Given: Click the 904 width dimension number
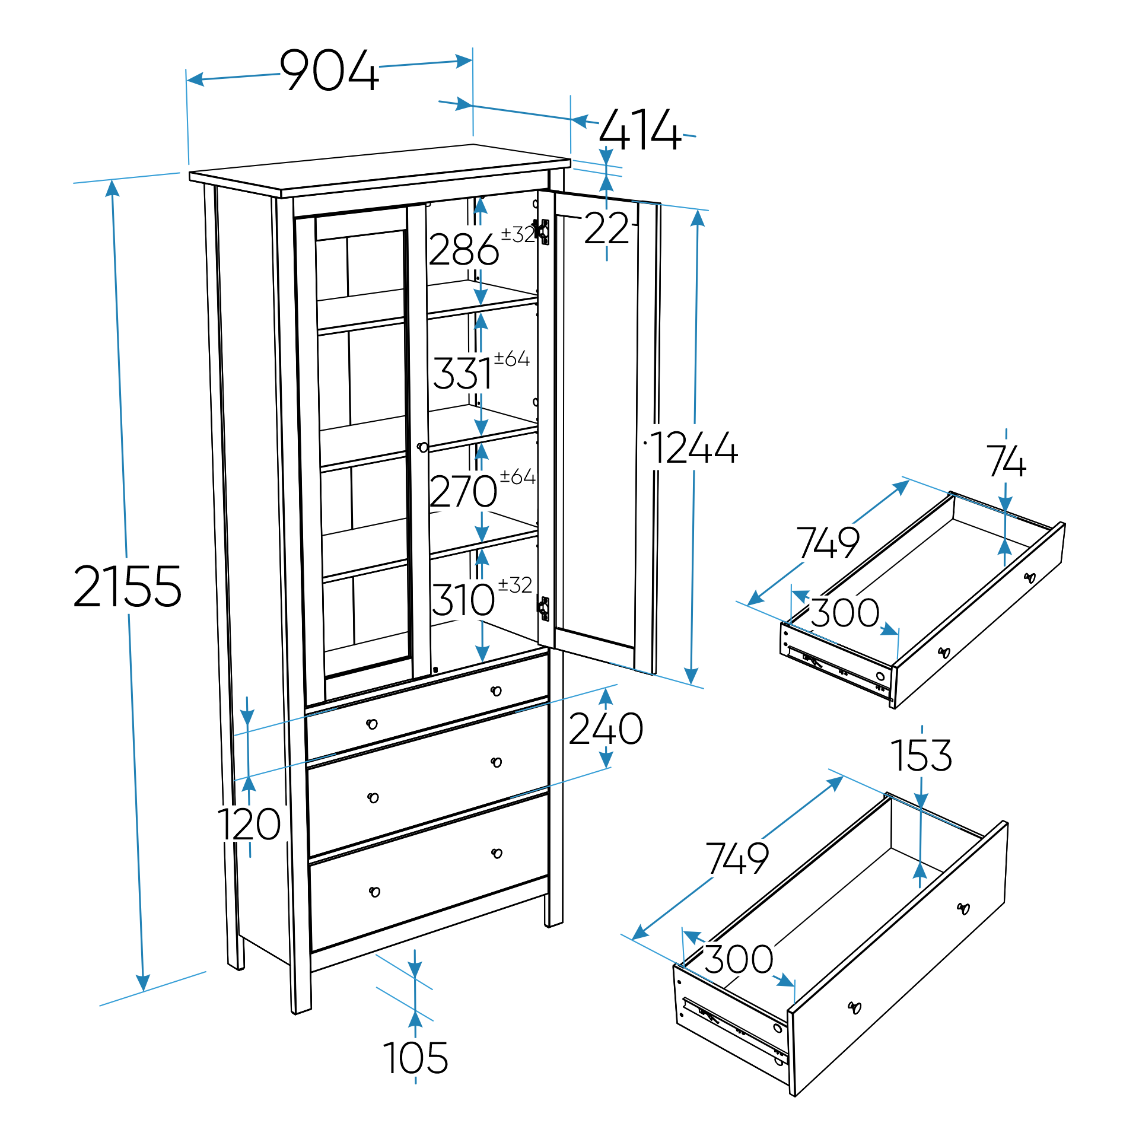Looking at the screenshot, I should click(x=329, y=71).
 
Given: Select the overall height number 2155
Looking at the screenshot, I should click(x=127, y=586).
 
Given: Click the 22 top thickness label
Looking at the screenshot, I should click(x=606, y=228).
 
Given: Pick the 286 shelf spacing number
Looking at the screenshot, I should click(x=463, y=250).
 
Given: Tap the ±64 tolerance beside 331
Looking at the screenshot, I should click(x=512, y=358).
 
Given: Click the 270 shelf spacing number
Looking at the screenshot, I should click(x=463, y=491).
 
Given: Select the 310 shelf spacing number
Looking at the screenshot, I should click(x=463, y=600).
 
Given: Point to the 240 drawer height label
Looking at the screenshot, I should click(x=606, y=729).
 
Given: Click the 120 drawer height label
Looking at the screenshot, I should click(x=249, y=825).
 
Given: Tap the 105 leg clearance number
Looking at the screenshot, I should click(x=415, y=1058).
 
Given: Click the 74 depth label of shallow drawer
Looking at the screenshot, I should click(x=1006, y=462).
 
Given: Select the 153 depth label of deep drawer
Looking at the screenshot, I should click(x=921, y=756).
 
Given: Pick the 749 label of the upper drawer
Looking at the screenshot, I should click(x=828, y=542).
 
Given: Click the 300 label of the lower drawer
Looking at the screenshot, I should click(x=739, y=959).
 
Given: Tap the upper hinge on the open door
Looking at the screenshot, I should click(x=542, y=231).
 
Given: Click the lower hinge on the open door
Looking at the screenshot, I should click(x=544, y=609).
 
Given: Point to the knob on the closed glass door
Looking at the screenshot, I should click(x=422, y=447).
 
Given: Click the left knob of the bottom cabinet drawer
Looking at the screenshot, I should click(x=374, y=892).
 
